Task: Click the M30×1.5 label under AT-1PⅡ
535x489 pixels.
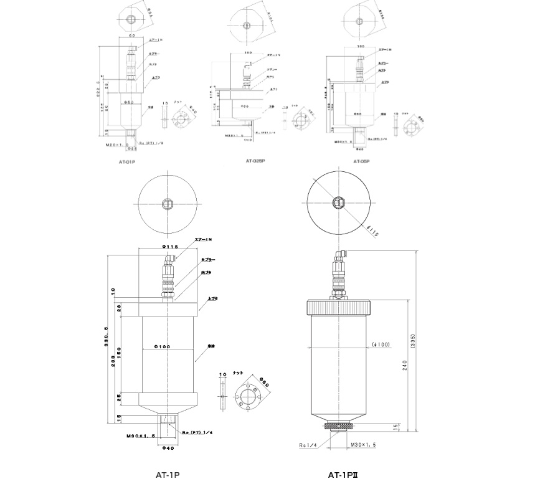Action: [x=364, y=444]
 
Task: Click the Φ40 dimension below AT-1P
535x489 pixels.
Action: [x=168, y=447]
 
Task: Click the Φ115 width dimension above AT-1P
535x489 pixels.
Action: [x=169, y=247]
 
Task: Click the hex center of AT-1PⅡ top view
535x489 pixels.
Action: [x=338, y=202]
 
